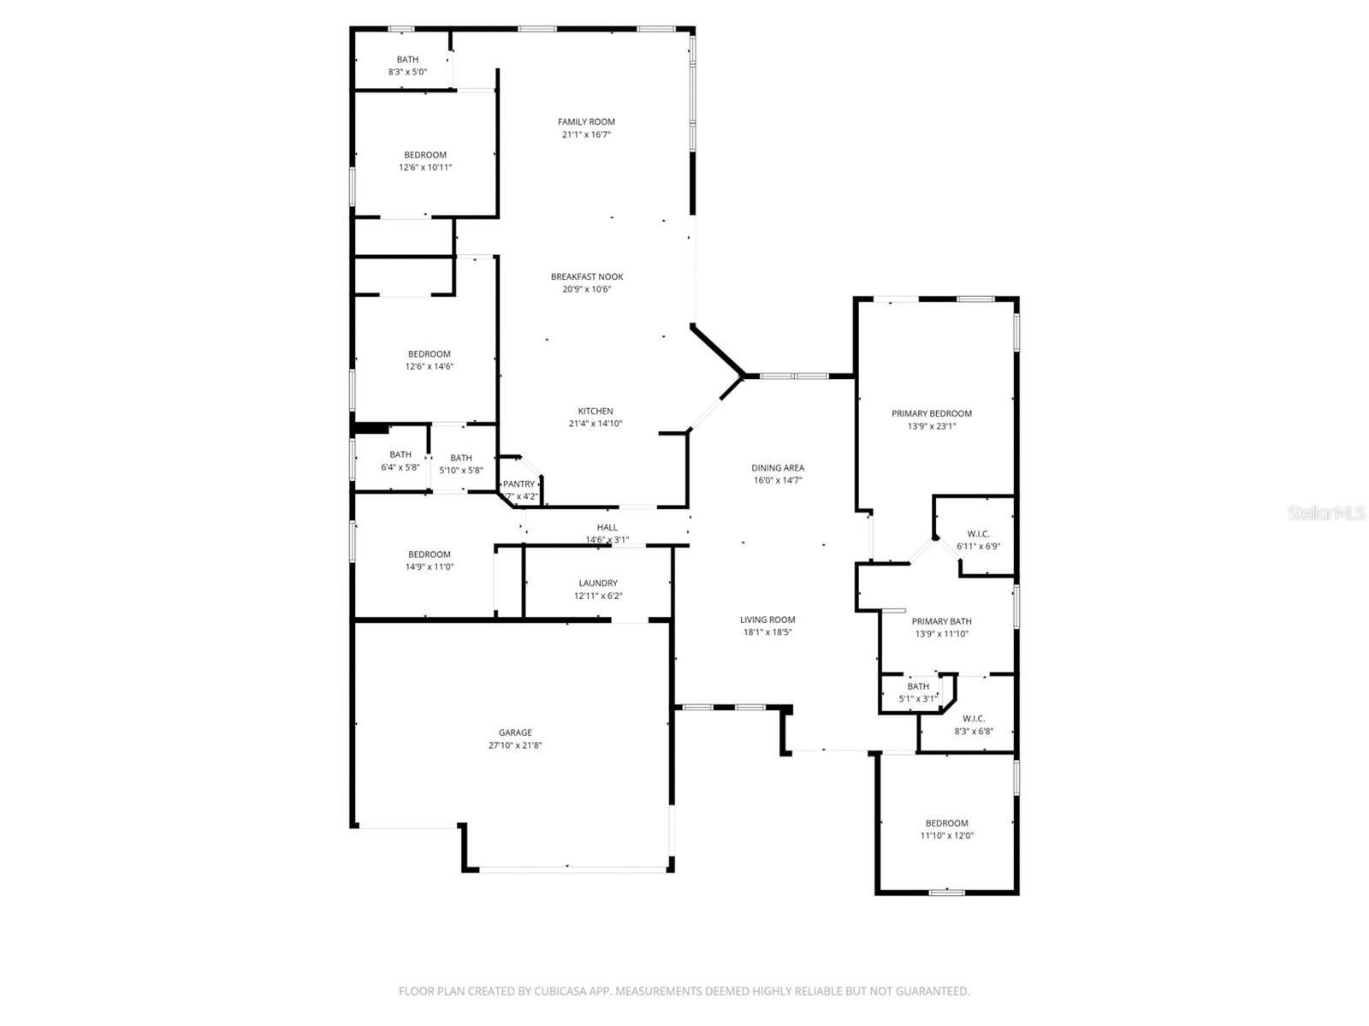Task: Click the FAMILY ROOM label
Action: (586, 122)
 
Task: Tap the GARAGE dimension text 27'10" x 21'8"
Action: (515, 745)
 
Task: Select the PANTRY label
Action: (519, 484)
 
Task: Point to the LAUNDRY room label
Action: (597, 584)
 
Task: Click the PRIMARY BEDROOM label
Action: (931, 413)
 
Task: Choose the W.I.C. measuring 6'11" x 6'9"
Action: (978, 540)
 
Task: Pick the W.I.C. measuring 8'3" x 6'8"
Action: (974, 725)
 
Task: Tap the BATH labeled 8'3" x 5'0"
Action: (407, 66)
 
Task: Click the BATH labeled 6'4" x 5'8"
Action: (400, 461)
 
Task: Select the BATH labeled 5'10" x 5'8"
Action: (460, 464)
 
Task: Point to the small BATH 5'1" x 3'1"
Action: (917, 692)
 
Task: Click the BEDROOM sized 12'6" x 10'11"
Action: (425, 161)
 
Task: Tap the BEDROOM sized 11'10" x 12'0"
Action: (946, 829)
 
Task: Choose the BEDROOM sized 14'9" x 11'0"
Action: (429, 560)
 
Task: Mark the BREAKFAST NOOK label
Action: (587, 277)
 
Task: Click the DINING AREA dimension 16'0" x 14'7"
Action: (777, 481)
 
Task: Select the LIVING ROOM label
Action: (767, 620)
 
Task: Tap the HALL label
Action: (607, 528)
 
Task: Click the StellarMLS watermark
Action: (1326, 513)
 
